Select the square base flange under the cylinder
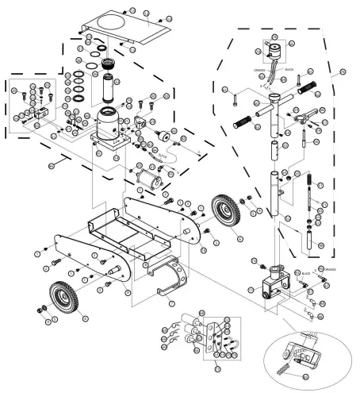[108, 144]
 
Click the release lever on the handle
[299, 120]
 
